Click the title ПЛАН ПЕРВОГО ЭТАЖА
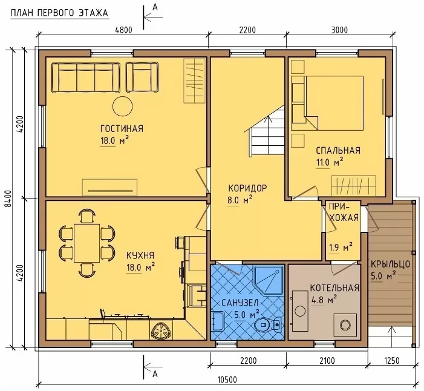coord(59,13)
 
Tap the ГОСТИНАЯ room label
coord(122,128)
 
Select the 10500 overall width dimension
coord(227,380)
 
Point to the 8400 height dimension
coord(8,199)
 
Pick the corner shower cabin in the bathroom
coord(269,280)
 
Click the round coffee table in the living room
coord(123,106)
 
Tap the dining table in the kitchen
coord(87,243)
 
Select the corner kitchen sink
coord(161,330)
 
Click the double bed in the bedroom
coord(334,103)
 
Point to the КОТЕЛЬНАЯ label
coord(334,288)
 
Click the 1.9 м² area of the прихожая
coord(341,247)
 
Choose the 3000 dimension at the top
coord(339,30)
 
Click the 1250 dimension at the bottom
coord(391,361)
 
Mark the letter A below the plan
coord(155,374)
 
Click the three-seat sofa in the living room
coord(86,78)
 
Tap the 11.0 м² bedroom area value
coord(330,163)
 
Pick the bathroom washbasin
coord(218,321)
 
